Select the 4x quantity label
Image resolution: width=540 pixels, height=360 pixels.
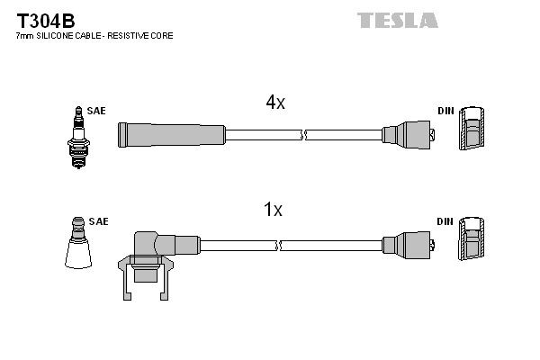pyautogui.click(x=275, y=103)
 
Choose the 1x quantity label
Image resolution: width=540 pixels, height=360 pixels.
pyautogui.click(x=272, y=211)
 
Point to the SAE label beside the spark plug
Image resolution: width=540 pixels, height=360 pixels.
pyautogui.click(x=96, y=111)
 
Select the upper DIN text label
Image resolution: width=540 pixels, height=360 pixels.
pyautogui.click(x=445, y=111)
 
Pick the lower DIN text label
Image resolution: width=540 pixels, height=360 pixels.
pyautogui.click(x=445, y=220)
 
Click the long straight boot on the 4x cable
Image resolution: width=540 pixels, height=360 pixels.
pyautogui.click(x=171, y=135)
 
